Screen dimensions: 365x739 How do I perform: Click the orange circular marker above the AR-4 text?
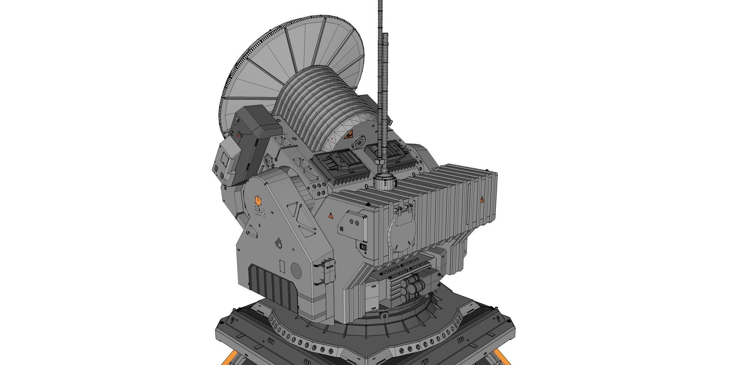[x=258, y=201]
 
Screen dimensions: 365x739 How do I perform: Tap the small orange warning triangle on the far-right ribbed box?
[x=482, y=200]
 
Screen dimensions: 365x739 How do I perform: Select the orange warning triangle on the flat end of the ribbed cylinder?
[x=348, y=136]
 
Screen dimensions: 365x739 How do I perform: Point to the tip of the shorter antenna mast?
[x=385, y=34]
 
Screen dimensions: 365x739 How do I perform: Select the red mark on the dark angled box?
[x=238, y=136]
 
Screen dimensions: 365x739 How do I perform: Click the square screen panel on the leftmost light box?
[x=224, y=160]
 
